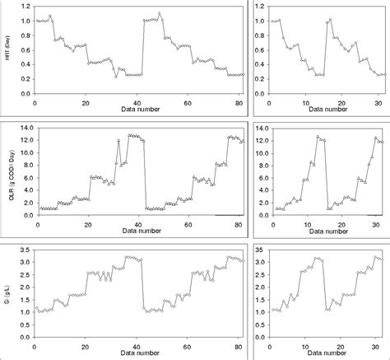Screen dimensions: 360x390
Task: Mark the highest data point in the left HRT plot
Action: [x=160, y=13]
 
